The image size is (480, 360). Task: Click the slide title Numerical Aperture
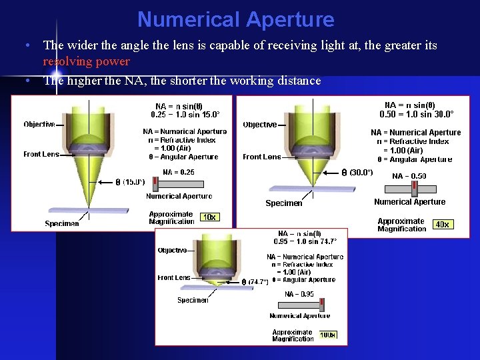pos(235,19)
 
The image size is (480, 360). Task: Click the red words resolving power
pos(86,62)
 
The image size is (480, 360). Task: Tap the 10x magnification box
pos(209,217)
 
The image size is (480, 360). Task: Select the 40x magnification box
pos(442,225)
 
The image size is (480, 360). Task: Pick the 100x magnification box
pos(327,335)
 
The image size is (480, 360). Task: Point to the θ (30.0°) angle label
pos(357,172)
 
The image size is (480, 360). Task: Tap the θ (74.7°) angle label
pos(255,282)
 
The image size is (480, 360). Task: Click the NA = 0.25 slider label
pos(179,172)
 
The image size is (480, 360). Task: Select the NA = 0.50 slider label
pos(409,176)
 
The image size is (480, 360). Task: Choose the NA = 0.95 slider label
pos(299,294)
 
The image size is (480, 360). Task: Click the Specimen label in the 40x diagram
pos(283,203)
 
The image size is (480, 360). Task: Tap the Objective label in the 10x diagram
pos(39,124)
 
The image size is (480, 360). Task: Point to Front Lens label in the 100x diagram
pos(174,277)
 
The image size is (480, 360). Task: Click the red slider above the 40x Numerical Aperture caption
pos(414,188)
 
